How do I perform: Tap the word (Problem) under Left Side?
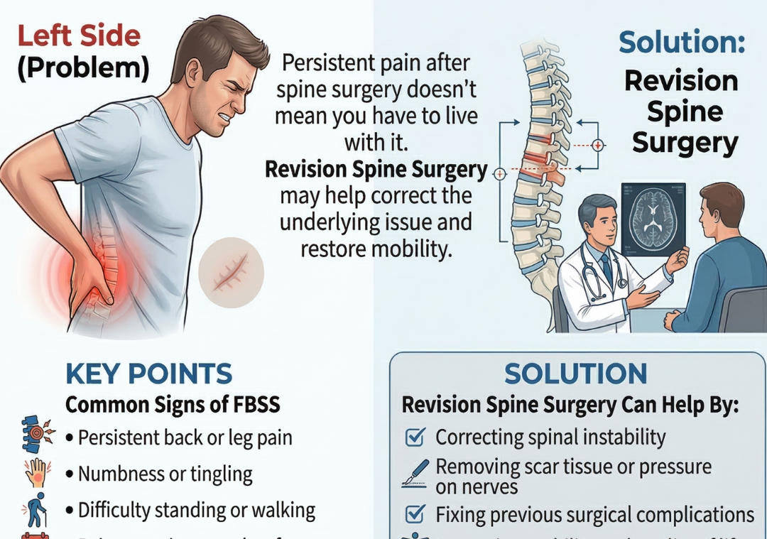tap(82, 68)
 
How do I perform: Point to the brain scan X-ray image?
tap(653, 219)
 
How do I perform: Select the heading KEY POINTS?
tap(148, 374)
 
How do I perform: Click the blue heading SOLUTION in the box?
tap(576, 374)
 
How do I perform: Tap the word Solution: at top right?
tap(682, 43)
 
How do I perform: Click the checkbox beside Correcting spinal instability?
tap(414, 437)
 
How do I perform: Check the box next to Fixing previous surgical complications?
tap(414, 513)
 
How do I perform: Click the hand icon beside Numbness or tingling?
tap(34, 472)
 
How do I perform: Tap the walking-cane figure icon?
tap(34, 507)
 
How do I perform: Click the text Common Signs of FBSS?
tap(173, 405)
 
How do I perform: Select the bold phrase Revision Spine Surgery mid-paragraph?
tap(376, 170)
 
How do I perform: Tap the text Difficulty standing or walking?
tap(196, 510)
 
